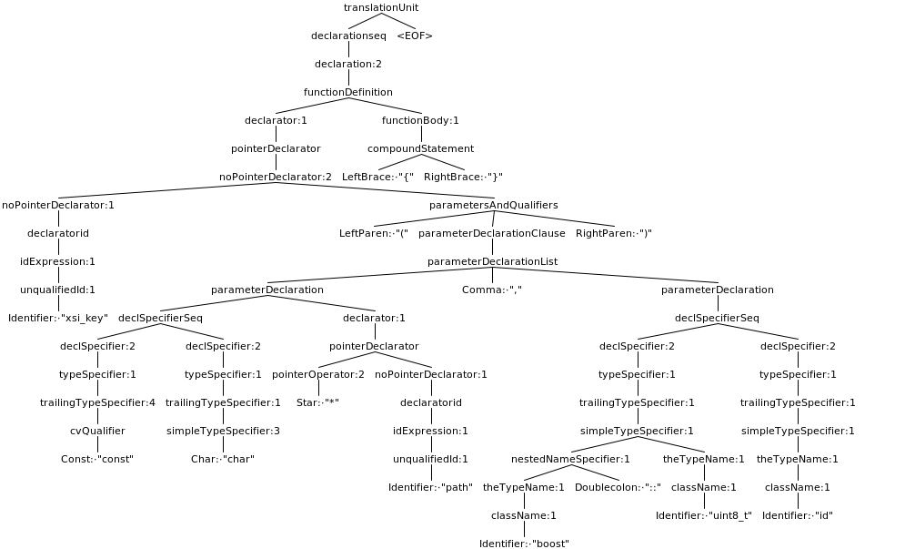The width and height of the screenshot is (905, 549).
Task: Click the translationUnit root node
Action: [x=381, y=7]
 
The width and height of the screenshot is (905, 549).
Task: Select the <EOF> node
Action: [x=415, y=36]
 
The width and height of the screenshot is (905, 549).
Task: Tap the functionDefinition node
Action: [x=348, y=92]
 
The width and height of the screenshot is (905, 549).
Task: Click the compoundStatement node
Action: [x=420, y=148]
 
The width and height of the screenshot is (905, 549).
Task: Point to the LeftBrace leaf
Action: [x=377, y=177]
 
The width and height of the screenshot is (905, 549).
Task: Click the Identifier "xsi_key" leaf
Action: [x=58, y=318]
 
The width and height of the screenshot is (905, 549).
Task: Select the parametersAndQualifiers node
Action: [x=493, y=205]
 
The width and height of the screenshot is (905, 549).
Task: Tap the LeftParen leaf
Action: [x=374, y=233]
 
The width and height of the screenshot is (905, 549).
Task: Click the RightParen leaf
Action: [x=614, y=233]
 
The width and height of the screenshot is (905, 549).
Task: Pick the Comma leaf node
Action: [x=492, y=290]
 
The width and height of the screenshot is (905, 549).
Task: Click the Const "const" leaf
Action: [x=97, y=459]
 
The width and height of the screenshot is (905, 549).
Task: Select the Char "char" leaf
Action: [x=223, y=459]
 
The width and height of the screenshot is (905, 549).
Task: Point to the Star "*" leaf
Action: [x=317, y=402]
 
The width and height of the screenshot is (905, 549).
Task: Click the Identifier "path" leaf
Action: [x=430, y=487]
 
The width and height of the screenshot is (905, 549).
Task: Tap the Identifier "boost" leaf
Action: [x=524, y=544]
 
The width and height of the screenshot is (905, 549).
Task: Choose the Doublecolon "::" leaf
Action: [x=618, y=487]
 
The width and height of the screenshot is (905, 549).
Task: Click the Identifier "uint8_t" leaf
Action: [x=704, y=515]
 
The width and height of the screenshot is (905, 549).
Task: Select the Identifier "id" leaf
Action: [x=798, y=515]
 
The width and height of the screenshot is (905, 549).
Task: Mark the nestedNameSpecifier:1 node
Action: [x=570, y=459]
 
